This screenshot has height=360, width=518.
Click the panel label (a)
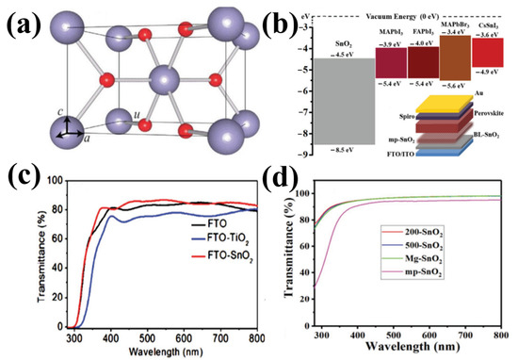tap(25, 21)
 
